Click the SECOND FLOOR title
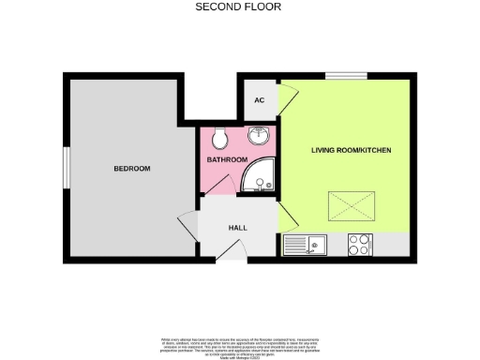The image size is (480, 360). pyautogui.click(x=238, y=7)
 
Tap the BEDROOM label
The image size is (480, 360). pyautogui.click(x=132, y=169)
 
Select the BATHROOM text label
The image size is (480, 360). pyautogui.click(x=227, y=159)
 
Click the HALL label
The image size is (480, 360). pyautogui.click(x=238, y=228)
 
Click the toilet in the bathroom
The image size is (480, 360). pyautogui.click(x=219, y=140)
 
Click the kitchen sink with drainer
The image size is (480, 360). pyautogui.click(x=304, y=245)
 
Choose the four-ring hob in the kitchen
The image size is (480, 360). pyautogui.click(x=359, y=244)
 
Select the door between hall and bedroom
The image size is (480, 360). pyautogui.click(x=188, y=228)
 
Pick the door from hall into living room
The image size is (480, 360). pyautogui.click(x=288, y=223)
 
